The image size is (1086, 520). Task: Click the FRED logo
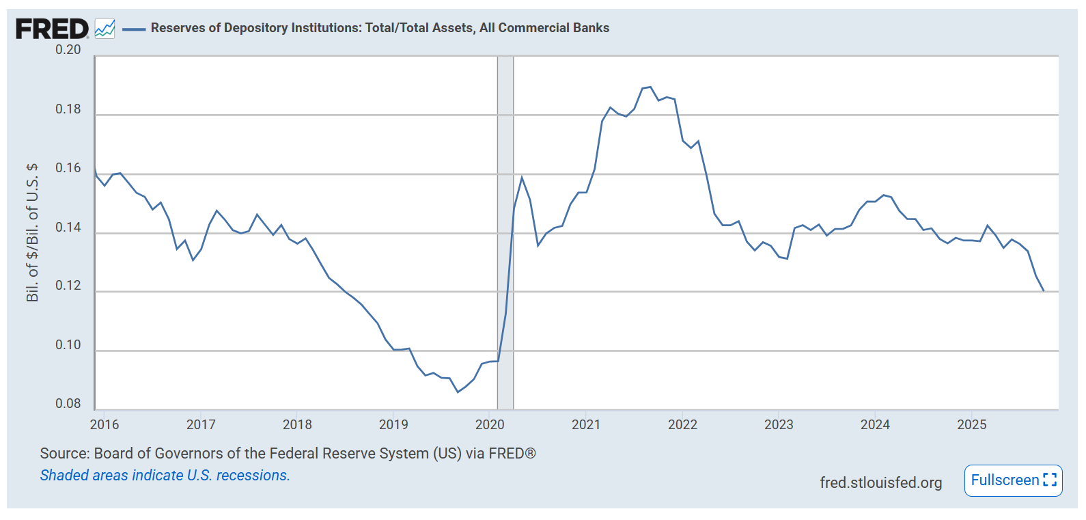[x=52, y=29]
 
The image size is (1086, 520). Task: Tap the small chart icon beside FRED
[x=105, y=29]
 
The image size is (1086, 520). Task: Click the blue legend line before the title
[x=133, y=29]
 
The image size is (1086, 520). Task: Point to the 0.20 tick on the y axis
[x=68, y=50]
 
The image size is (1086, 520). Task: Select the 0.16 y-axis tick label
[x=68, y=168]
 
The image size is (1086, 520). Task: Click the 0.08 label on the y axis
[x=68, y=404]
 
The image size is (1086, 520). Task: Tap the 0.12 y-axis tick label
[x=68, y=286]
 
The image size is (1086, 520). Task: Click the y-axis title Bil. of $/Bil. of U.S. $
[x=32, y=232]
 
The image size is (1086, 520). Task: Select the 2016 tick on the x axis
[x=105, y=424]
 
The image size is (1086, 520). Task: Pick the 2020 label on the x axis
[x=490, y=424]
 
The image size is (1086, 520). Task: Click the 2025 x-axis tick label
[x=971, y=424]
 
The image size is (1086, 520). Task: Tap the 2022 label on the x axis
[x=682, y=424]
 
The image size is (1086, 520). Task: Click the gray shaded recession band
[x=505, y=232]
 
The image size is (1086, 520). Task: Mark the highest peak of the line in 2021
[x=650, y=87]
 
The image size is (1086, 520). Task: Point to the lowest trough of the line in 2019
[x=458, y=392]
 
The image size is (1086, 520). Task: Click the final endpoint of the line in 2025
[x=1044, y=291]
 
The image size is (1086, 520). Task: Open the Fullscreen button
[x=1013, y=480]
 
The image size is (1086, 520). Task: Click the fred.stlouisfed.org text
[x=880, y=482]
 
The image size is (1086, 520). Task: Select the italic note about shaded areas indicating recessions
[x=165, y=476]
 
